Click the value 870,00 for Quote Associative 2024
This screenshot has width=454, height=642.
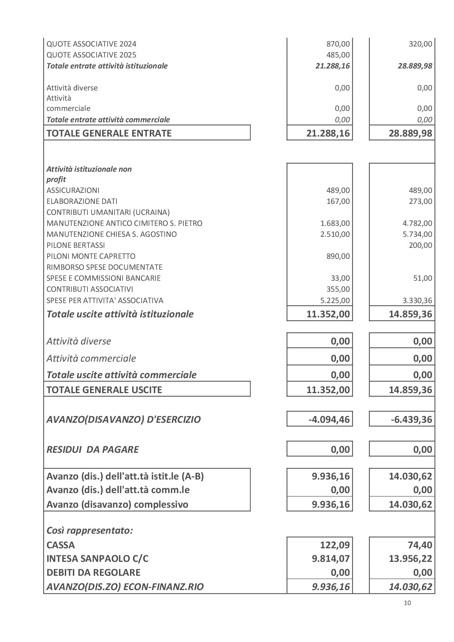tap(338, 44)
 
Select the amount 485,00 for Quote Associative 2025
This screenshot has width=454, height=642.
tap(338, 55)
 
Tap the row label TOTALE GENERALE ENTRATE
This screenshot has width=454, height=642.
tap(109, 133)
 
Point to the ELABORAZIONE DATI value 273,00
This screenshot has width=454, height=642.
tap(420, 201)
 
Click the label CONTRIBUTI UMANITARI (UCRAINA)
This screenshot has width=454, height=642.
tap(108, 212)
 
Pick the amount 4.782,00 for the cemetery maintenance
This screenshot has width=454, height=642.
tap(417, 223)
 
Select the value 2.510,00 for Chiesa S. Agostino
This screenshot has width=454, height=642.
tap(335, 234)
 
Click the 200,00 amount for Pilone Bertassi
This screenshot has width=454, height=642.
tap(420, 245)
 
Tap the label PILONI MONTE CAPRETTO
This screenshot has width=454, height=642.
tap(91, 256)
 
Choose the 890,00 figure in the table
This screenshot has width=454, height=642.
tap(338, 256)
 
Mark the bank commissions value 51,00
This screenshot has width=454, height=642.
tap(423, 278)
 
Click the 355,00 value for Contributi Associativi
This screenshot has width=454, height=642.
tap(338, 289)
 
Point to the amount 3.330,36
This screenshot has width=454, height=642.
tap(417, 301)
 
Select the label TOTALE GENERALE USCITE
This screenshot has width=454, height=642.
tap(104, 389)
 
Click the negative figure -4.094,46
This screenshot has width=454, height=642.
tap(330, 419)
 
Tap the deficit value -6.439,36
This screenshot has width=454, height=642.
tap(412, 419)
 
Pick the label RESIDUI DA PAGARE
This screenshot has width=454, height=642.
tap(92, 449)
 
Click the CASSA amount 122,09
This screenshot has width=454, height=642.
tap(335, 545)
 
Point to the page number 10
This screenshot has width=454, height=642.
tap(407, 603)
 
